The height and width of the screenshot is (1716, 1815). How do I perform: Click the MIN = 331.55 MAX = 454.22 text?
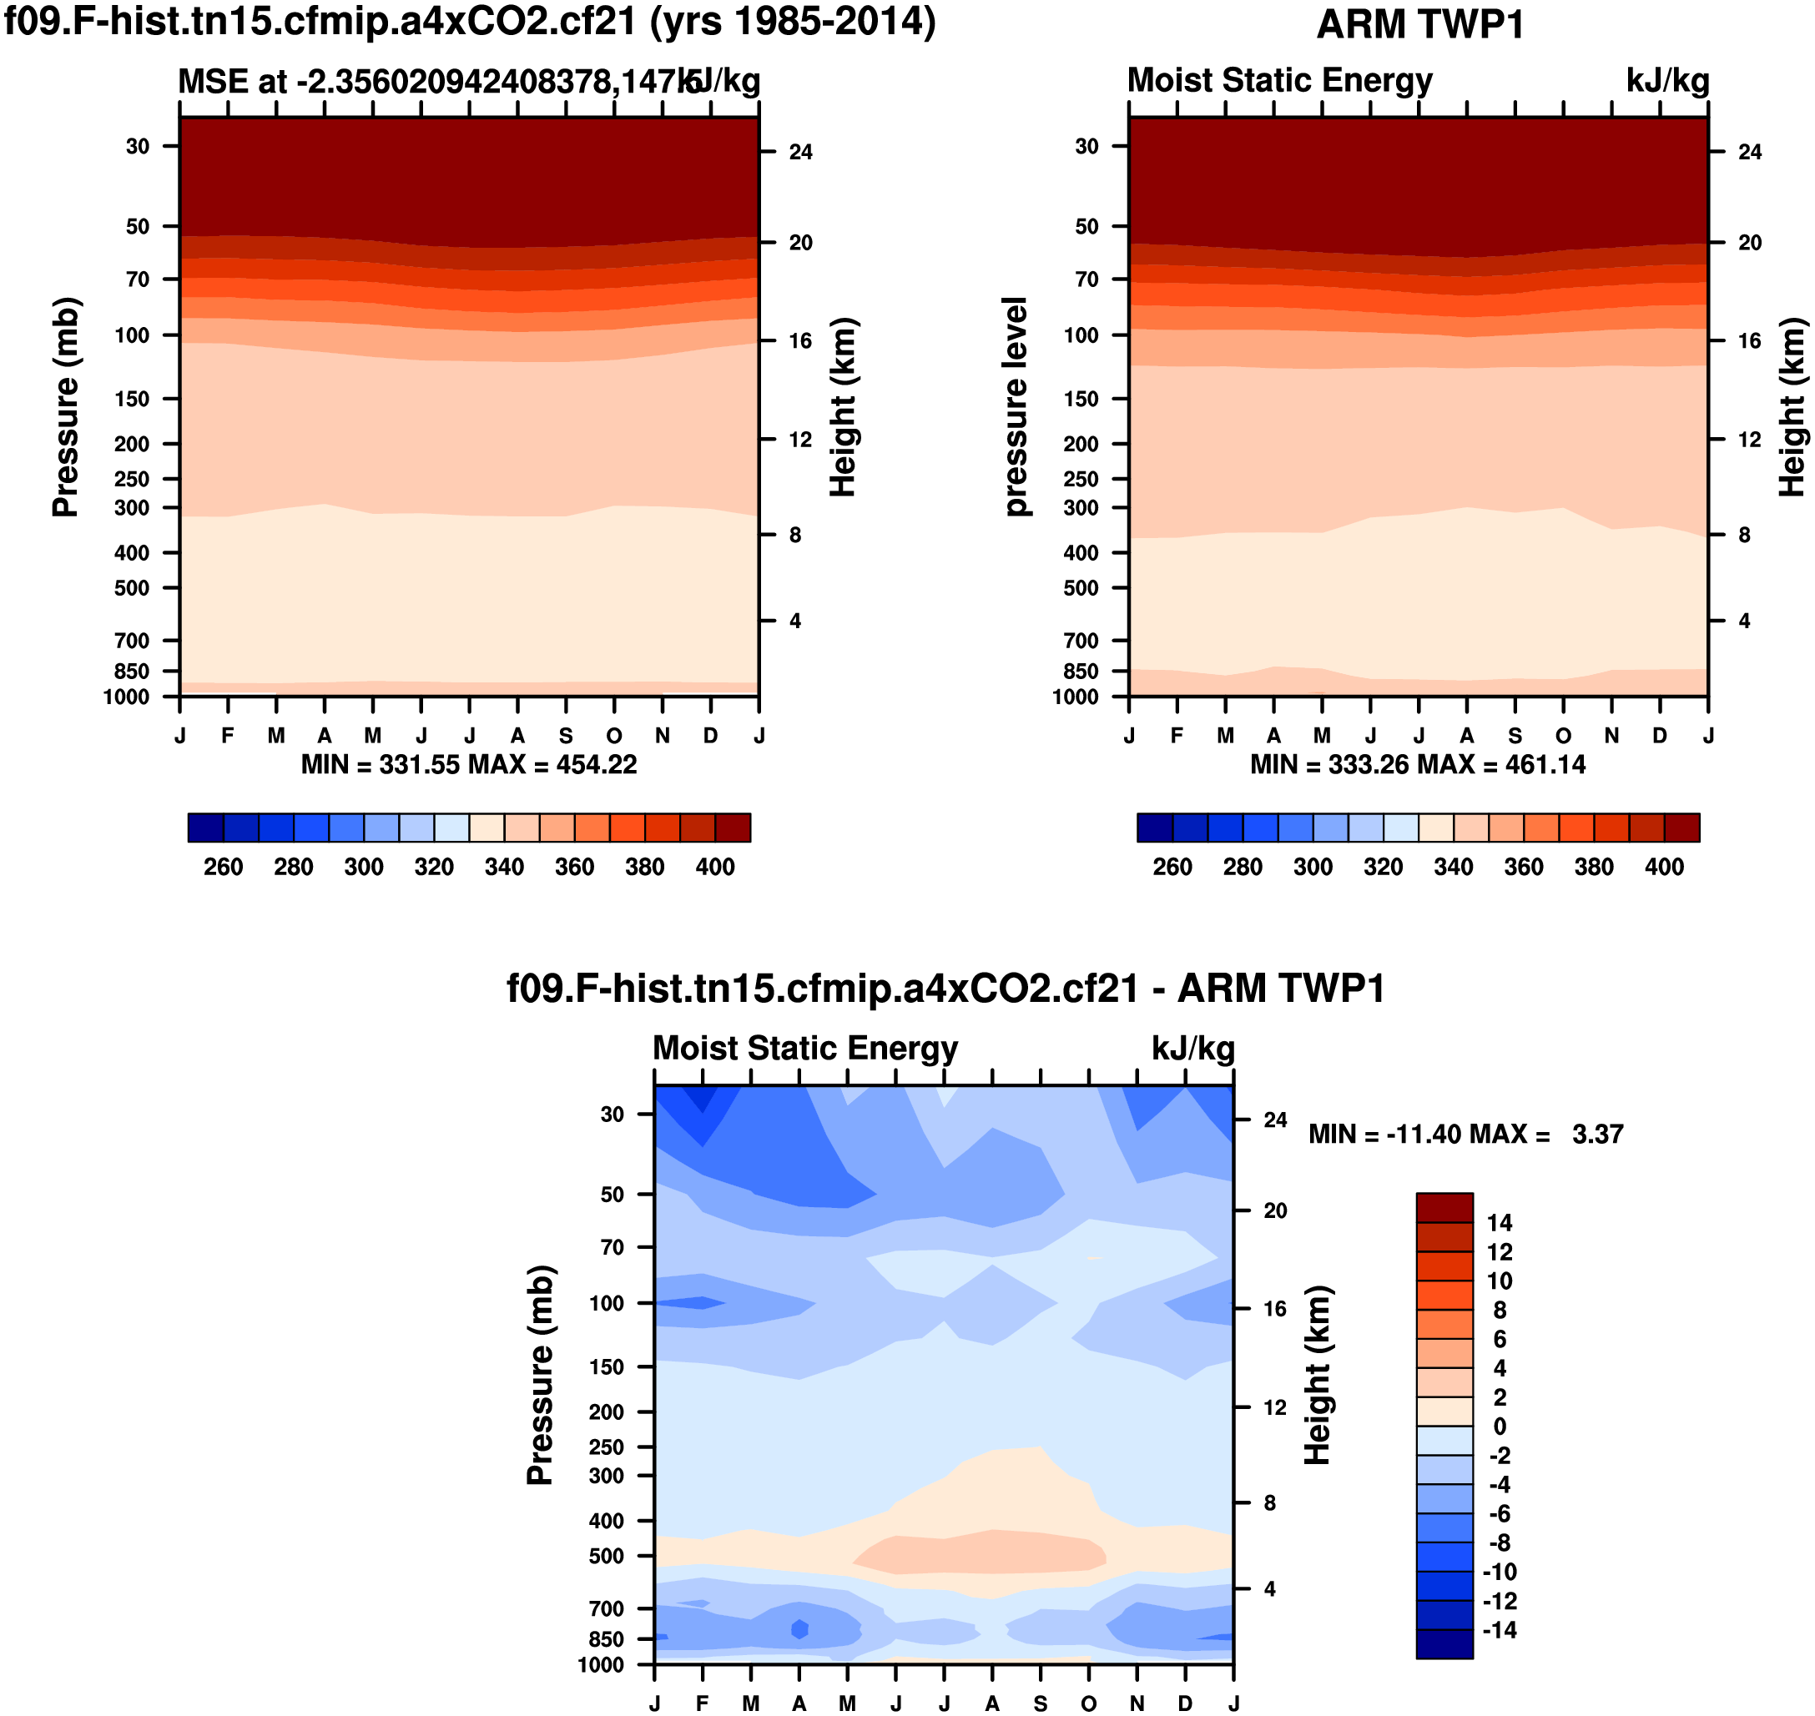[468, 765]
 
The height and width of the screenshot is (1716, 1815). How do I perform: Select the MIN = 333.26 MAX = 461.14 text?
[1418, 765]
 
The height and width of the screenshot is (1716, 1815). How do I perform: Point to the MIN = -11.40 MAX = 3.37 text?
[1465, 1135]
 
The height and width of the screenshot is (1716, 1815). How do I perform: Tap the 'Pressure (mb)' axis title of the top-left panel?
[66, 407]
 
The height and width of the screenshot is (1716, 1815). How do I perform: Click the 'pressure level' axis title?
[1016, 407]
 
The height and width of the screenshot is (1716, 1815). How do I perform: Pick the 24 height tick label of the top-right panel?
[1749, 152]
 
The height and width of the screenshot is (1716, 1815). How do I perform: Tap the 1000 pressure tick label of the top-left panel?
[126, 697]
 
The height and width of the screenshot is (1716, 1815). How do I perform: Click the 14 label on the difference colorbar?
[1500, 1223]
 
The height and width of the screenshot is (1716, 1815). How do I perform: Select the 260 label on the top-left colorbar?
[223, 867]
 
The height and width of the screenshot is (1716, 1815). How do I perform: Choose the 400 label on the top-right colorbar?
[1663, 867]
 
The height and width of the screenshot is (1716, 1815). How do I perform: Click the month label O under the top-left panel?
[614, 737]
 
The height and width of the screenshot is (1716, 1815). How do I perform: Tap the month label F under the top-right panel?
[1177, 737]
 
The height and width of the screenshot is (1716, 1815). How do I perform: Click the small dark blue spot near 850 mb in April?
[799, 1629]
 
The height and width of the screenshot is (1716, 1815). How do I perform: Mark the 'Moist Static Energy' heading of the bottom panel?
[805, 1049]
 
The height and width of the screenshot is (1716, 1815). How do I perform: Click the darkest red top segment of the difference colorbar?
[1444, 1207]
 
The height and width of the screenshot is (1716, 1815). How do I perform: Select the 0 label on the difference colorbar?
[1500, 1426]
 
